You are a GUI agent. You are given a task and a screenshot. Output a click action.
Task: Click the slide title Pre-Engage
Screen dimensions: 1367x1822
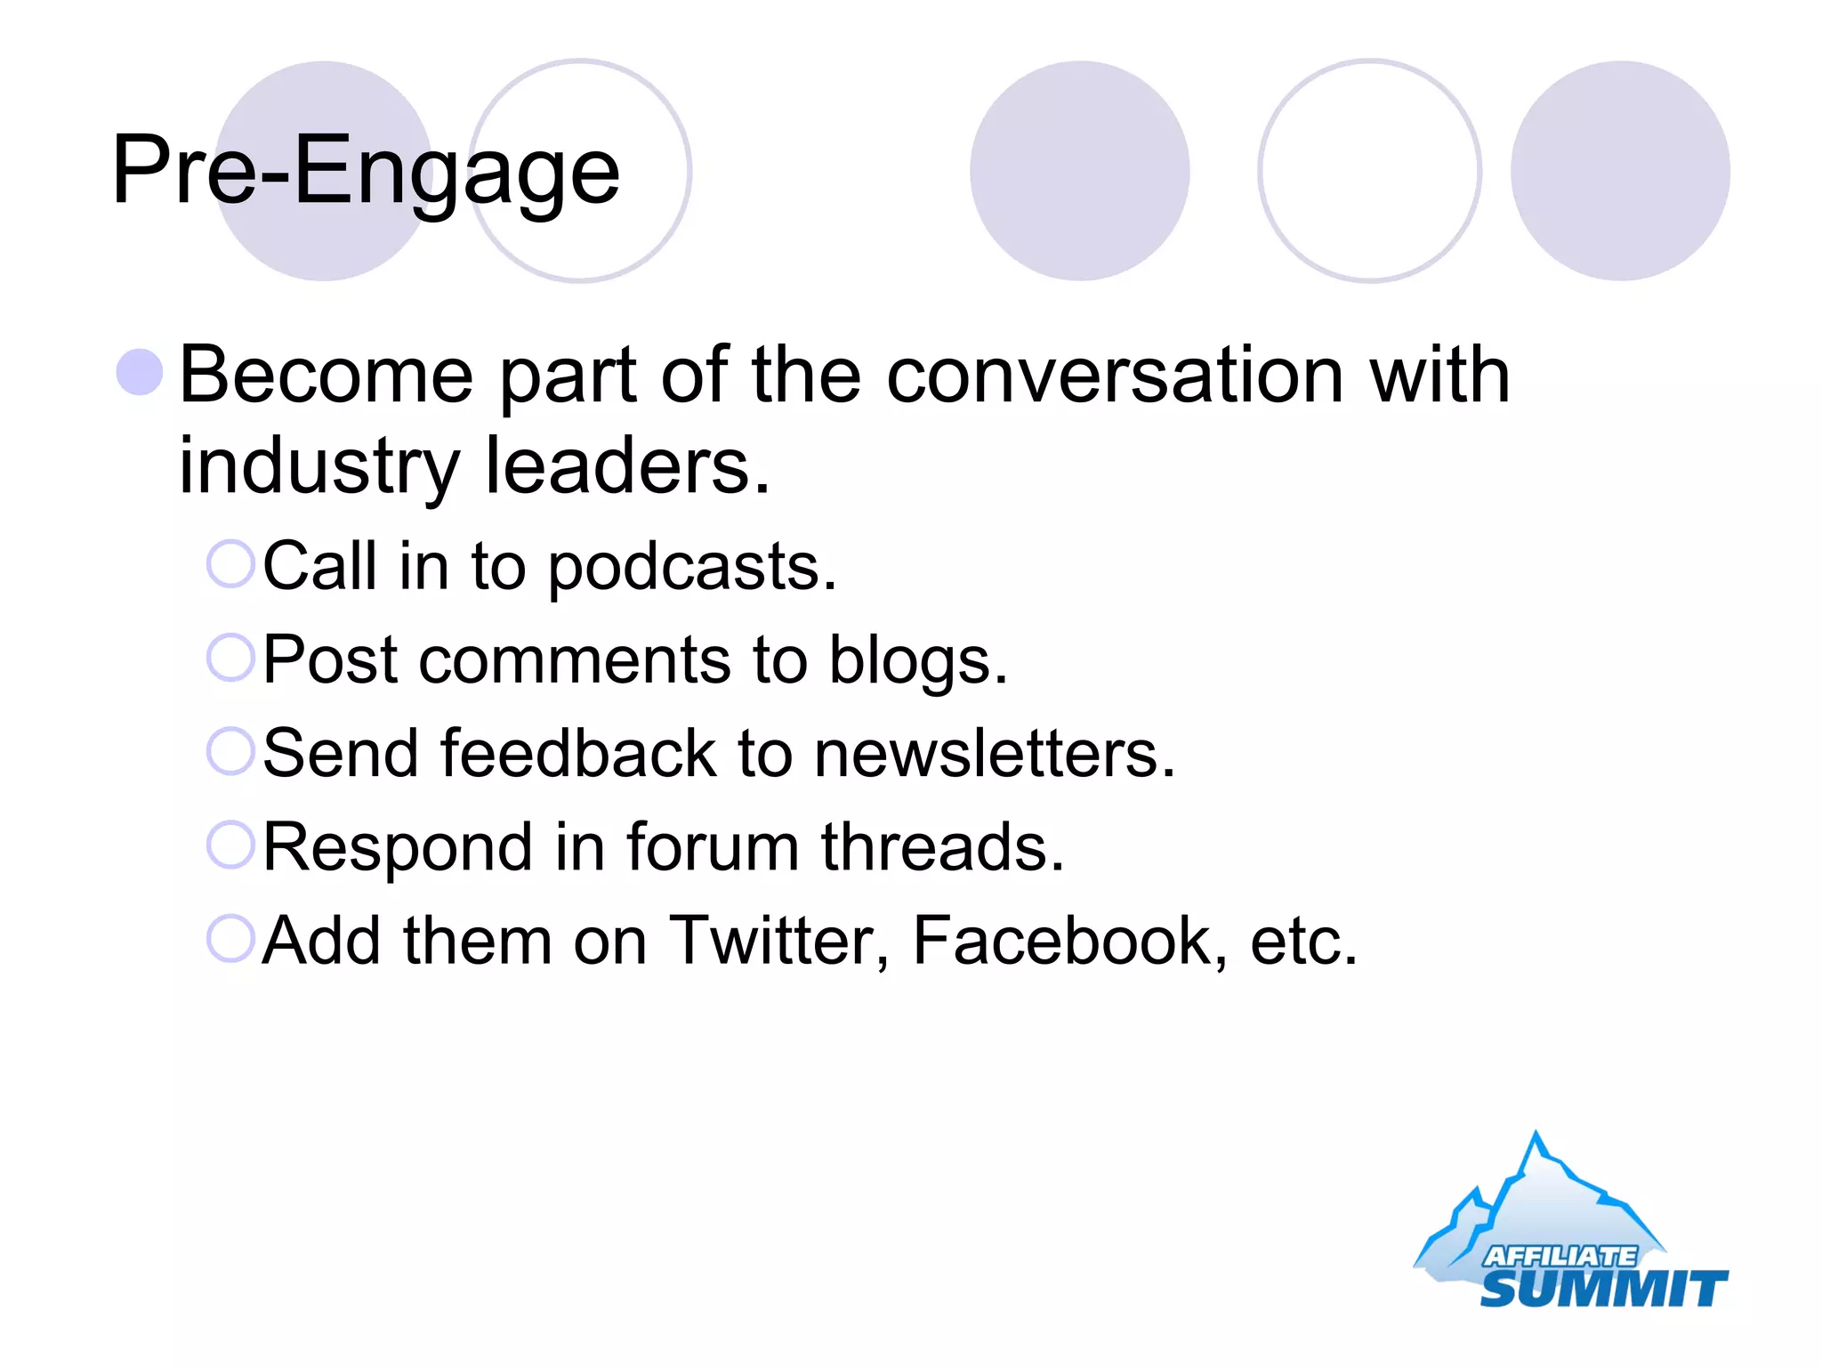click(x=365, y=171)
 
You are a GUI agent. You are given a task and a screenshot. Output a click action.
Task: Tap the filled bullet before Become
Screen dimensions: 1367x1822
click(x=140, y=372)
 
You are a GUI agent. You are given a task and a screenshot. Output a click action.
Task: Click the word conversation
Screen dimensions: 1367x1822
click(x=1114, y=376)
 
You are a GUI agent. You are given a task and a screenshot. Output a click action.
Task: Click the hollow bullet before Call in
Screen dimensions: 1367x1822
click(x=230, y=564)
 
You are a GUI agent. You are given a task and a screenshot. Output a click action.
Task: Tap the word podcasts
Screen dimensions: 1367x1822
click(x=691, y=568)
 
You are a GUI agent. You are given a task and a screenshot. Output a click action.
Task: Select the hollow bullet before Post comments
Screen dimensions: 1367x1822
click(x=230, y=658)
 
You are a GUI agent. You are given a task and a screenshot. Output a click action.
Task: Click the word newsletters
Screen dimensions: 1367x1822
click(x=994, y=754)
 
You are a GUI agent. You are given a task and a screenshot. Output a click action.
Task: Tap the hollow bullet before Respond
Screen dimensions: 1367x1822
click(x=230, y=845)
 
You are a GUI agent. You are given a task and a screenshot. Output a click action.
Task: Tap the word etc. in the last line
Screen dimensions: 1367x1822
click(x=1302, y=941)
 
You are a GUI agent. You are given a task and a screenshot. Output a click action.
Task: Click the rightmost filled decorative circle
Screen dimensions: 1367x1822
click(x=1620, y=171)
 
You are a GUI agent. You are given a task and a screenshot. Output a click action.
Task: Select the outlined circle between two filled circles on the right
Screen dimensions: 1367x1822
click(x=1369, y=171)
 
